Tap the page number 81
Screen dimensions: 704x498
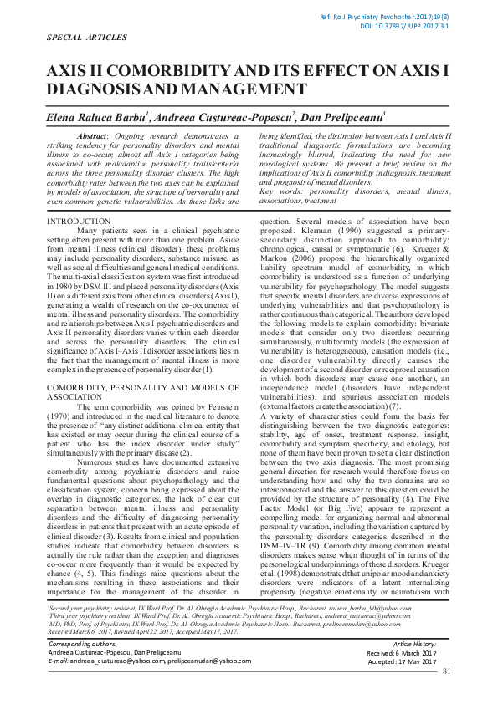(446, 693)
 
